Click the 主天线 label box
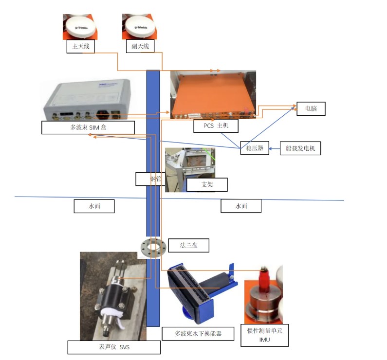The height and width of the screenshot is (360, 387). (80, 46)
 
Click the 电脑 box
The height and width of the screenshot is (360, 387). (311, 108)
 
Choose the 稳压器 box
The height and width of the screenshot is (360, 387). (255, 148)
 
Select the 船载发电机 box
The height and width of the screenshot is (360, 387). (300, 148)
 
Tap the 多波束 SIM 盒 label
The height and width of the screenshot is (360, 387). (88, 127)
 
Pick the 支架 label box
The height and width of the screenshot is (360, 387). (207, 185)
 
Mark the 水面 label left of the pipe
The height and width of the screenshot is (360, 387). (94, 206)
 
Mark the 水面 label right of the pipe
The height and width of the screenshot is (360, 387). (241, 206)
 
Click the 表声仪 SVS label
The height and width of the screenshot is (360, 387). (114, 347)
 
